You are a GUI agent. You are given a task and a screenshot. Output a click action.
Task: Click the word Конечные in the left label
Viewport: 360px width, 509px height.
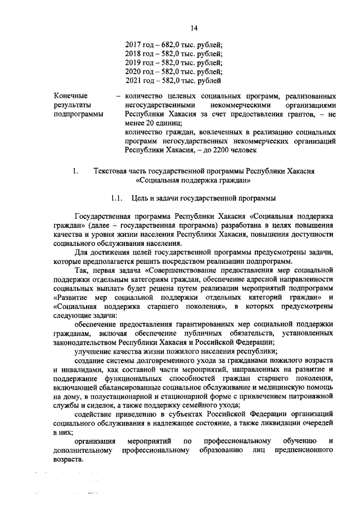pos(70,96)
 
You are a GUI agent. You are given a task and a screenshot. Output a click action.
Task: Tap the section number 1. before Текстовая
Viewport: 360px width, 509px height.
pos(75,171)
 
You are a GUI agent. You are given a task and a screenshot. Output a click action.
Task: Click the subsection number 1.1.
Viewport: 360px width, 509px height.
pos(118,198)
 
